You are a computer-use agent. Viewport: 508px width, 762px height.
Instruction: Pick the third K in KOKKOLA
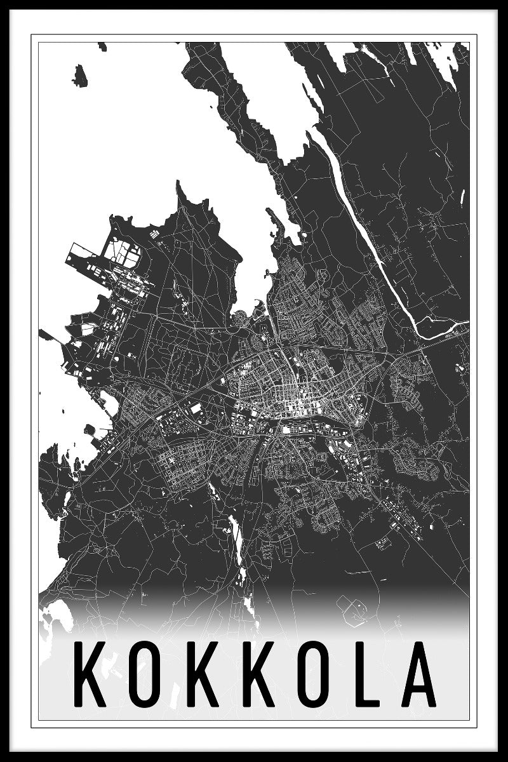click(253, 675)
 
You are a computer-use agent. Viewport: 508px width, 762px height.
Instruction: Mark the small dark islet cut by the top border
click(102, 46)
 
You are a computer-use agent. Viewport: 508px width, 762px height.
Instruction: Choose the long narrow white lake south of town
click(236, 540)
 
